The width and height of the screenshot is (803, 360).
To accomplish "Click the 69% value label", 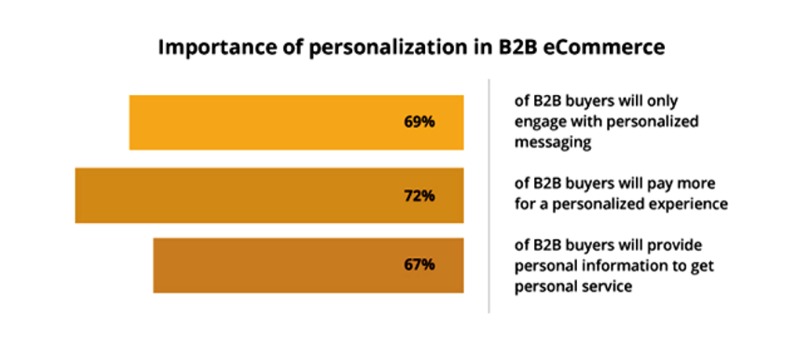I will pos(420,122).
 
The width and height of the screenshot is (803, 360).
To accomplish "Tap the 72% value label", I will pos(420,195).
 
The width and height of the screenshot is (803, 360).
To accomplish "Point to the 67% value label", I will pos(420,264).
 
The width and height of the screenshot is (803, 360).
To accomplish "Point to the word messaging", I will pos(552,143).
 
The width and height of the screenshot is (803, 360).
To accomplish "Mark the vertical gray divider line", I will pos(489,195).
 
